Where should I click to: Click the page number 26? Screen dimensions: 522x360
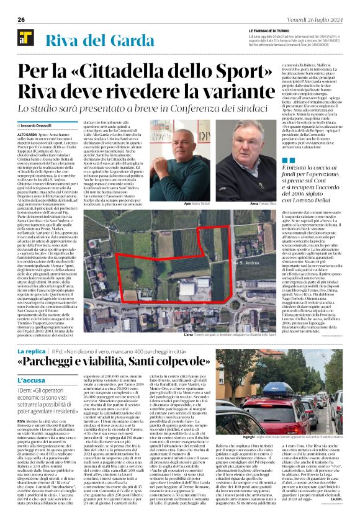coord(21,19)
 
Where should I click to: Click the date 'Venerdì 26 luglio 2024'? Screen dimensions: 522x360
coord(320,19)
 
